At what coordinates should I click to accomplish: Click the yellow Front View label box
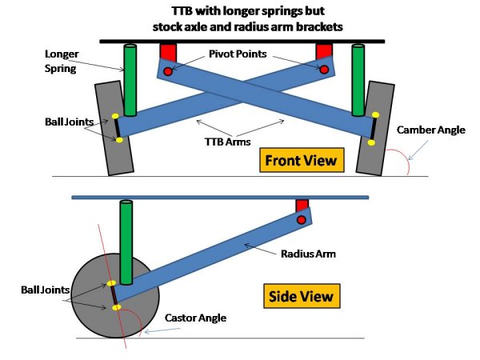[x=302, y=160]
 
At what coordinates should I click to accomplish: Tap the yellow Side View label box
[x=302, y=296]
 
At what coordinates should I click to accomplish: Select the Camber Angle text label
[x=431, y=130]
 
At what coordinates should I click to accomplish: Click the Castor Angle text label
[x=196, y=318]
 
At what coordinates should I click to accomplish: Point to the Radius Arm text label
[x=308, y=254]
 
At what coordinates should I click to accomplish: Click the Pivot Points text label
[x=238, y=54]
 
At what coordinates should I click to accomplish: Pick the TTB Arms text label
[x=227, y=142]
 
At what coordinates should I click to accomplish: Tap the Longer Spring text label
[x=62, y=61]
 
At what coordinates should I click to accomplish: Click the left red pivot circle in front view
[x=168, y=71]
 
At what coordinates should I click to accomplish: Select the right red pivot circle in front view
[x=324, y=70]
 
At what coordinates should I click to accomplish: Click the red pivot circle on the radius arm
[x=302, y=220]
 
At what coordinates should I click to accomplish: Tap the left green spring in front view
[x=130, y=80]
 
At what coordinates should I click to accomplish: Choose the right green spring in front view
[x=358, y=80]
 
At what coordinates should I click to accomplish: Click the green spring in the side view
[x=126, y=242]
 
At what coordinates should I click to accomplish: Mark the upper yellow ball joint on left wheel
[x=115, y=116]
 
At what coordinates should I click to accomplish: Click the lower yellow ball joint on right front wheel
[x=371, y=142]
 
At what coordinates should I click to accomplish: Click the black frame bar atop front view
[x=242, y=42]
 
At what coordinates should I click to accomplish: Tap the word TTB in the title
[x=182, y=11]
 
